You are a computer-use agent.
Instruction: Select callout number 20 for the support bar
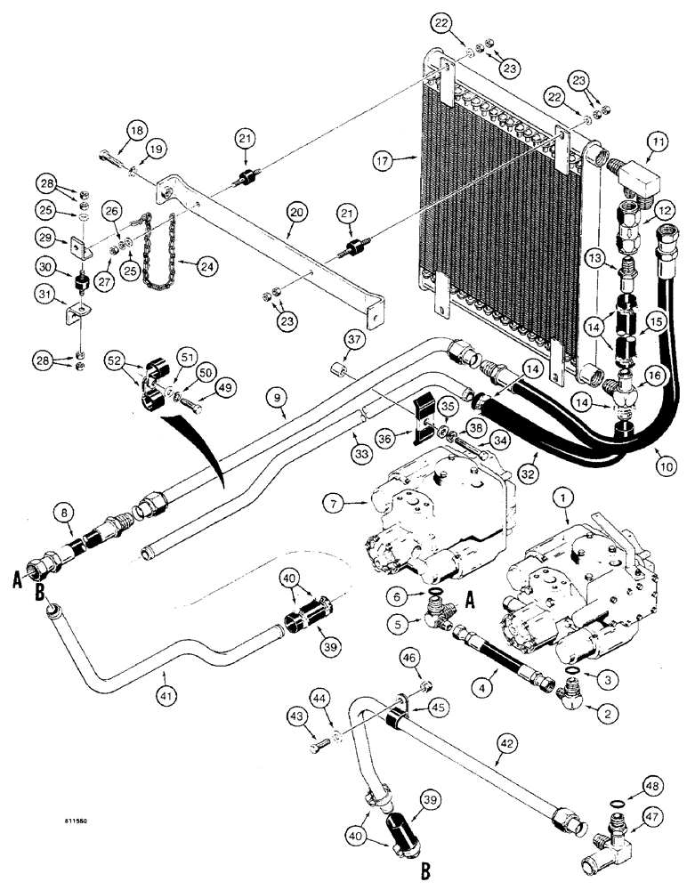(x=293, y=213)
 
